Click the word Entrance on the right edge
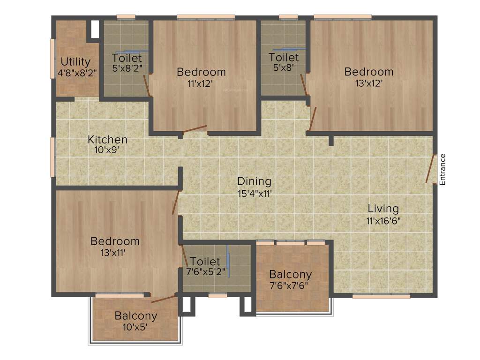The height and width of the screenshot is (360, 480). point(442,169)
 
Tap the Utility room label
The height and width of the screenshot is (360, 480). point(75,62)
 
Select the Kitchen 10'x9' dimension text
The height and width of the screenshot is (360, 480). point(108,150)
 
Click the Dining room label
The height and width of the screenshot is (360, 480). point(254,181)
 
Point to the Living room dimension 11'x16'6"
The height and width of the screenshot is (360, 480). point(383,220)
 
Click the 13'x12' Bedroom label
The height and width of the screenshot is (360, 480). point(369,72)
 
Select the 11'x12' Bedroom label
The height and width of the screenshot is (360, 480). point(201,72)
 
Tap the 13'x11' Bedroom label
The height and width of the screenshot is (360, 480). point(115,241)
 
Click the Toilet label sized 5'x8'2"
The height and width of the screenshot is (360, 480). point(127,58)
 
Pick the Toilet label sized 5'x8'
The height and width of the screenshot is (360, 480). point(284,57)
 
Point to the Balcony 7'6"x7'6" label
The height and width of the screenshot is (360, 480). point(290,275)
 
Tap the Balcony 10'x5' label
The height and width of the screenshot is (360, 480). point(136,315)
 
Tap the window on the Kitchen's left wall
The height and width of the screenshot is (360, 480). point(52,157)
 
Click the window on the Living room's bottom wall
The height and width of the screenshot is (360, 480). point(381,296)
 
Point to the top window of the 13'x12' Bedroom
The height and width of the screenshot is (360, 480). point(343,17)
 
